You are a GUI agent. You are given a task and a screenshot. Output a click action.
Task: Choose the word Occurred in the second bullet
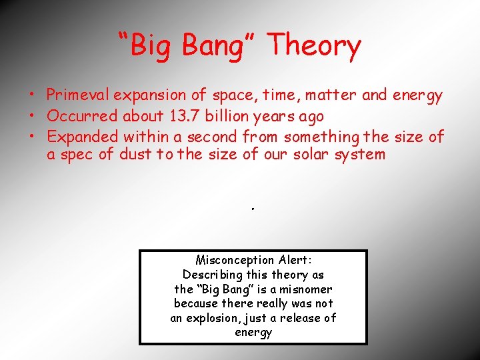[x=81, y=116]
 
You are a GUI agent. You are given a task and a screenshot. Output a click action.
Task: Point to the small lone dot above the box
[x=253, y=209]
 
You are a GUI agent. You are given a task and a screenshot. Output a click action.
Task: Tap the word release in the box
[x=300, y=319]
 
